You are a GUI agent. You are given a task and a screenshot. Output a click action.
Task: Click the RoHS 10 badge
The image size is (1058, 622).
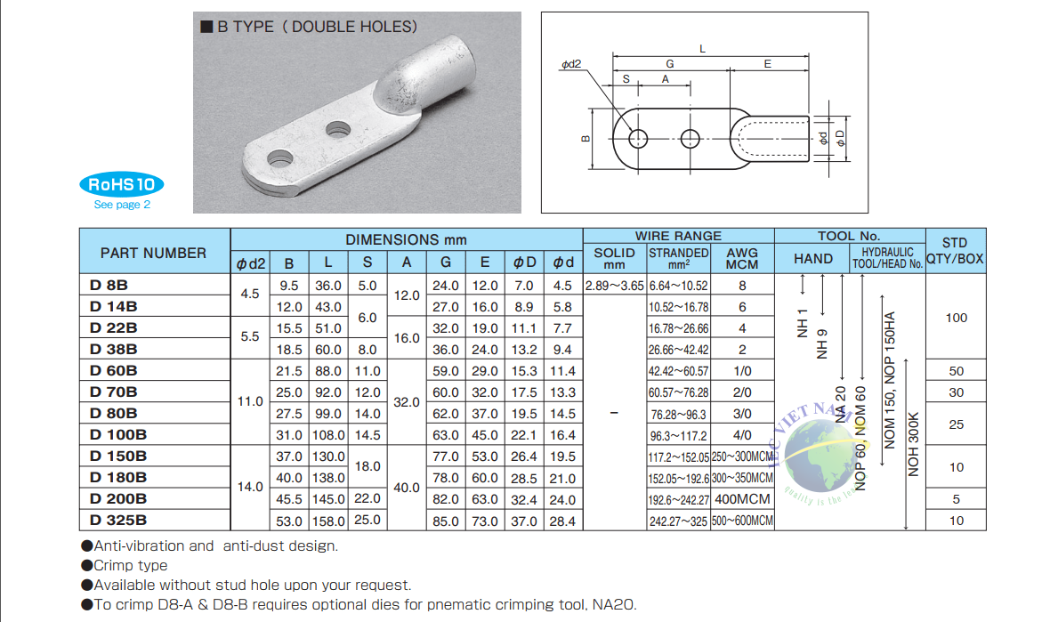pos(121,184)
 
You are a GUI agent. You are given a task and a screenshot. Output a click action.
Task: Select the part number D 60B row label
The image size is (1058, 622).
pos(114,370)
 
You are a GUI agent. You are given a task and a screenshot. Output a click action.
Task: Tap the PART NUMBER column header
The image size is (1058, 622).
pos(153,253)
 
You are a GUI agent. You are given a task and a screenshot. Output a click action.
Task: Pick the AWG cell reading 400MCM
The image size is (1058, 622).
pos(742,499)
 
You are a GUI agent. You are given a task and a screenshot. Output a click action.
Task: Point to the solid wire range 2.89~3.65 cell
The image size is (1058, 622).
pos(614,286)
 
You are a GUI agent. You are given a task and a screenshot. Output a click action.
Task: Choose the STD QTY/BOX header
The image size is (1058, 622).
pos(955,251)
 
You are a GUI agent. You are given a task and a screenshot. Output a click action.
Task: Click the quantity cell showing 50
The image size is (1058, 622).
pos(956,371)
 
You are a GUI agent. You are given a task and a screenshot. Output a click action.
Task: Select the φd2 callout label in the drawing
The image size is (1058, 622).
pos(570,65)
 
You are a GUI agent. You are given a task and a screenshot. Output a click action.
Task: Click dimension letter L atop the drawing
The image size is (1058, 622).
pos(702,49)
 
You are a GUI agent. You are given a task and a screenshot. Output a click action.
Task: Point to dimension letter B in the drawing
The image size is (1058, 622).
pos(586,139)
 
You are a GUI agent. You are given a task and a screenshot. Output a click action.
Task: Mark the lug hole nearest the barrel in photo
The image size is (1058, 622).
pos(336,129)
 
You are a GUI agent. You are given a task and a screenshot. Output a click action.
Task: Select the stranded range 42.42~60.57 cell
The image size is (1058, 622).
pos(678,371)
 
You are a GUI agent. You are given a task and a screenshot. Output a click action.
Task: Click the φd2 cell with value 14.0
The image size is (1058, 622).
pos(250,487)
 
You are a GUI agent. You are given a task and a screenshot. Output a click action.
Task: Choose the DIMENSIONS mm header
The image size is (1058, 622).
pos(406,239)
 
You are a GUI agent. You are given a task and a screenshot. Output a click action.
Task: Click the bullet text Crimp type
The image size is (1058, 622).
pos(130,565)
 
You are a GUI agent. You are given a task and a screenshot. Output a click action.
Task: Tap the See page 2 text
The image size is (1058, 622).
pos(122,205)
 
